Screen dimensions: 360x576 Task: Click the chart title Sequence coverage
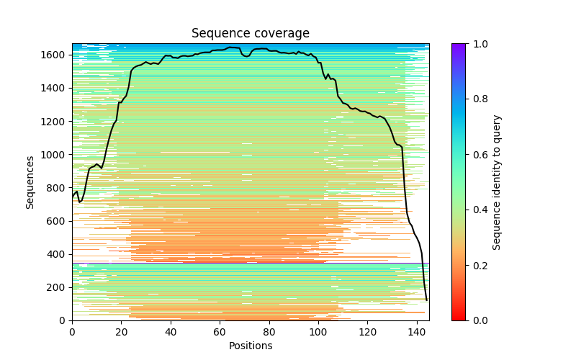(251, 33)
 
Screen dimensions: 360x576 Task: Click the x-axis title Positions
(251, 346)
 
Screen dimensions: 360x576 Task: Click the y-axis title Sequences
(30, 182)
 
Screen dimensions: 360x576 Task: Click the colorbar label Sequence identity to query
(497, 182)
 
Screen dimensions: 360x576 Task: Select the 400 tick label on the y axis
(58, 254)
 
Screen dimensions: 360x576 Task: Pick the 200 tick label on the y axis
(58, 287)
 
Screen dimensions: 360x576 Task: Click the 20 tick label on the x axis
(121, 331)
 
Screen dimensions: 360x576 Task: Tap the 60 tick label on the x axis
(220, 331)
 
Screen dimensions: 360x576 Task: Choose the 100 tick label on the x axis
(318, 331)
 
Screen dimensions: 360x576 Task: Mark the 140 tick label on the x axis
(417, 331)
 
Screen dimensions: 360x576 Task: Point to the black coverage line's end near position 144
(426, 300)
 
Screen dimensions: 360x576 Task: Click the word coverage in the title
(284, 34)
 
